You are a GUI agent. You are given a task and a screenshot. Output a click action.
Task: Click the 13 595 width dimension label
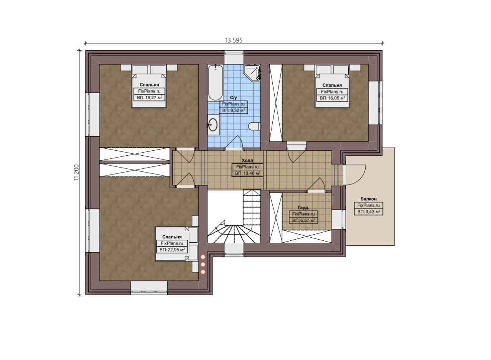[234, 40]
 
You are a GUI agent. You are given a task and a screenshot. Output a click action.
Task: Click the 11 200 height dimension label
[76, 173]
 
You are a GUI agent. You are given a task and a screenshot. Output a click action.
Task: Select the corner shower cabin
[252, 72]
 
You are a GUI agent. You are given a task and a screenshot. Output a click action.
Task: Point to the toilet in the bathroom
[254, 126]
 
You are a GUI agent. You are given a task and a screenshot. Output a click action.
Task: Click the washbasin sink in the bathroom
[213, 125]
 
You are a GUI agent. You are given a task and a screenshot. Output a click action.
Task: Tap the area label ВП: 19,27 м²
[150, 98]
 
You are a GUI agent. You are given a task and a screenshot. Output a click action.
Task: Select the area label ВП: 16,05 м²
[332, 98]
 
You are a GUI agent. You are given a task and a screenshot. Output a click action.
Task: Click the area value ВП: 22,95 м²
[172, 250]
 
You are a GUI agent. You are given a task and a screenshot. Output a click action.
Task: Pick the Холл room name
[247, 160]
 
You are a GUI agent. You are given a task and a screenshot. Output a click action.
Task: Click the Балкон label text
[369, 199]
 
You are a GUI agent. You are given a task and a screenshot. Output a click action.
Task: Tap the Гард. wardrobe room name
[303, 207]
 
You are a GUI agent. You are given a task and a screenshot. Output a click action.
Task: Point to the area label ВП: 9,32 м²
[234, 110]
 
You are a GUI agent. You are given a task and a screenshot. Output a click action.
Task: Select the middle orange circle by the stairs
[203, 264]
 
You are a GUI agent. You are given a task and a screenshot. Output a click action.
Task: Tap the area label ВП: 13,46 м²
[247, 173]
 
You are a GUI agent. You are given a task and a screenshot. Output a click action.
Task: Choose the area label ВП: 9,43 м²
[369, 212]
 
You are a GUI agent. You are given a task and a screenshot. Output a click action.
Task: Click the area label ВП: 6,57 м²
[303, 220]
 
